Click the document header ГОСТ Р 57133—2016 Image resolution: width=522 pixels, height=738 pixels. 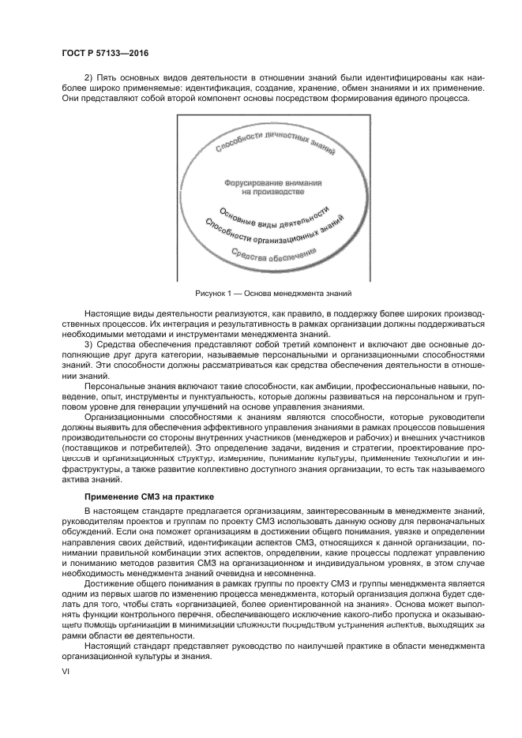click(105, 53)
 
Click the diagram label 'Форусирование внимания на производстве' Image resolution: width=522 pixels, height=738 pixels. click(261, 186)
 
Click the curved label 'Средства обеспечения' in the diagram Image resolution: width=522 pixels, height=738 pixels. click(273, 254)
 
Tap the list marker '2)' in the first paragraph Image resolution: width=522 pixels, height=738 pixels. click(88, 78)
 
